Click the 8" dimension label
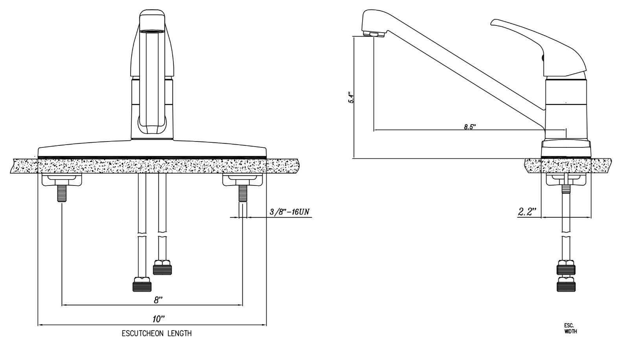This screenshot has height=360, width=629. coord(158,299)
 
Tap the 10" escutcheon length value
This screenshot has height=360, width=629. coord(158,319)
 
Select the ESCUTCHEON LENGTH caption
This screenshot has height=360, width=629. coord(157,334)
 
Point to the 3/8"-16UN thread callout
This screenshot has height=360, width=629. coord(289,211)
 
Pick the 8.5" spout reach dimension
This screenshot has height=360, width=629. coord(470,127)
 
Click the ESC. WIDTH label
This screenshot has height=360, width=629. coord(570,328)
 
